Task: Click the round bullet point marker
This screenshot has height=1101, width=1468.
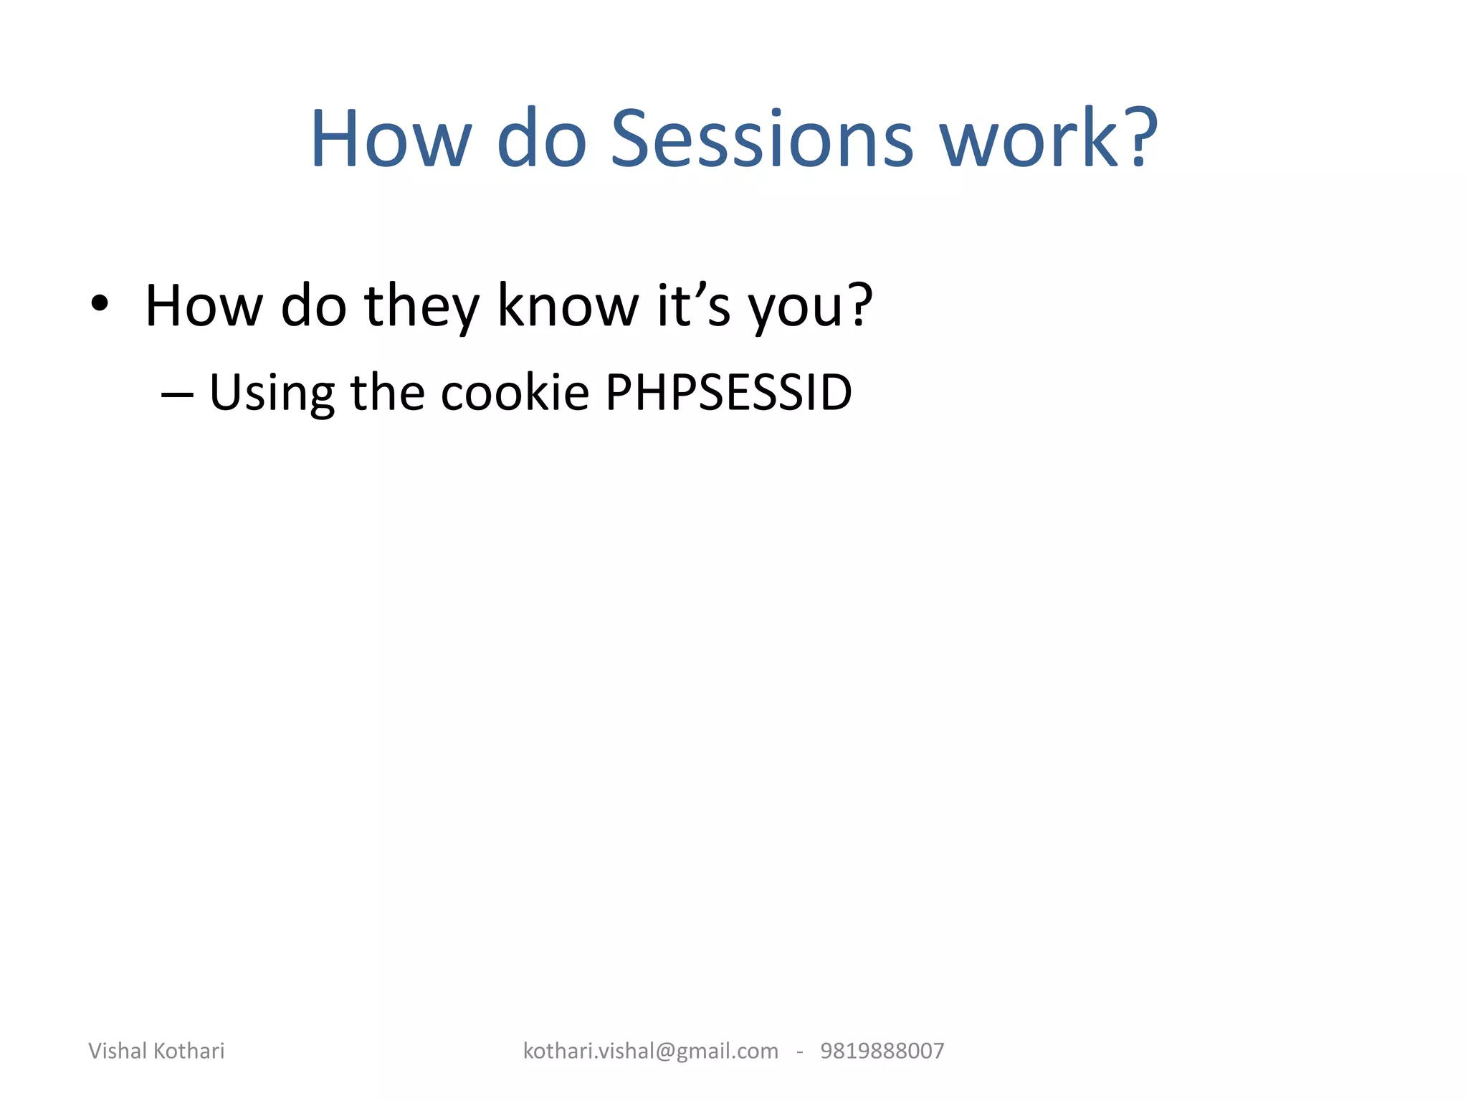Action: [100, 304]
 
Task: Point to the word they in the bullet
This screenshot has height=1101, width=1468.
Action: [421, 306]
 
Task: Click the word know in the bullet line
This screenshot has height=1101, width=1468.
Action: [567, 306]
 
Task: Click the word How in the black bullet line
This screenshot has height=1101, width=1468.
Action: [204, 306]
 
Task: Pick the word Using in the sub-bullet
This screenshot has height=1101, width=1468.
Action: [271, 394]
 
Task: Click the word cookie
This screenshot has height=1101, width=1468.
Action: [514, 393]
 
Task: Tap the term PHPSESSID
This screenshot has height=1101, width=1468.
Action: [728, 393]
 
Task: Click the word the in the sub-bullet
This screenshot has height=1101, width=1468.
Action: [387, 393]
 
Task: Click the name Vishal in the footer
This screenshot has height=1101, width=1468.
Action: [118, 1051]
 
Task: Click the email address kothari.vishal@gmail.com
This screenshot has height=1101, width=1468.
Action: [650, 1051]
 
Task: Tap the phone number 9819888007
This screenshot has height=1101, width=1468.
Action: [882, 1051]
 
